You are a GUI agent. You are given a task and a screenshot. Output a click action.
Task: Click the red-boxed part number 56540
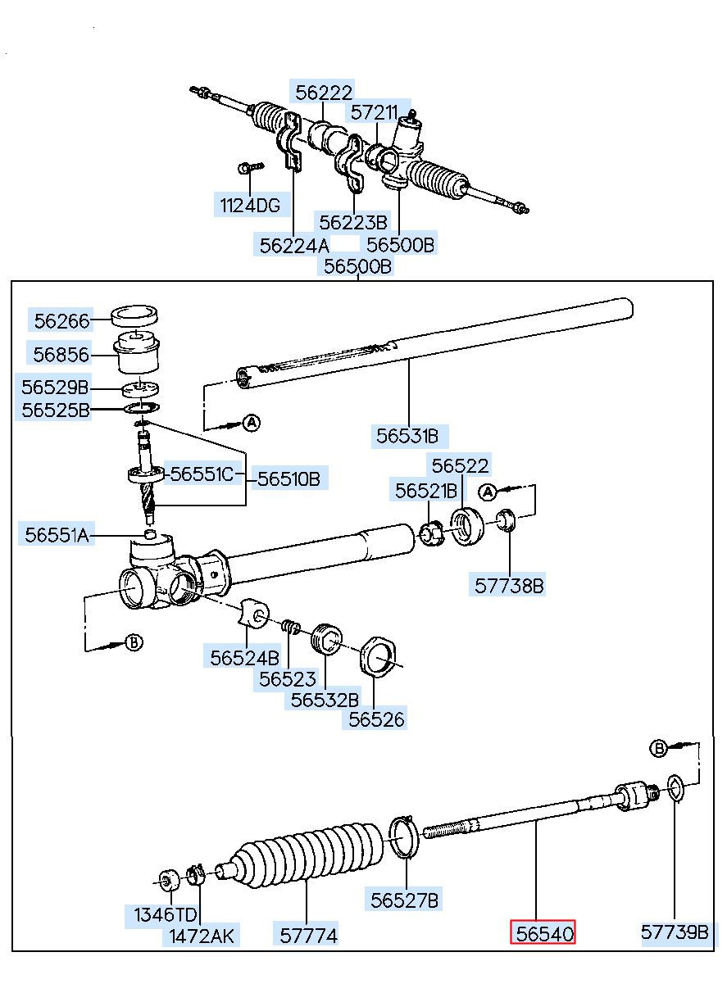(x=544, y=934)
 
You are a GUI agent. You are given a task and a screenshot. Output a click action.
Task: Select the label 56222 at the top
(x=324, y=93)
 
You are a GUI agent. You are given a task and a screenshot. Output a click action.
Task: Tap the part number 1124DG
(x=250, y=206)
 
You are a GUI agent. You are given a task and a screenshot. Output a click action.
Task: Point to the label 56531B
(x=407, y=436)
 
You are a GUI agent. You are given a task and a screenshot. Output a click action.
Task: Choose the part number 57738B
(x=509, y=586)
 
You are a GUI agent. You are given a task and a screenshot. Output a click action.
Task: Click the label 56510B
(x=289, y=478)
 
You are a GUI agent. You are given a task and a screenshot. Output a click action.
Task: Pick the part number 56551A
(x=57, y=535)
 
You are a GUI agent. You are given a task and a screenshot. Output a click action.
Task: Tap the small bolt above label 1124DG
(x=251, y=168)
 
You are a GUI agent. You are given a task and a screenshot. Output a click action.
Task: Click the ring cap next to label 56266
(x=134, y=315)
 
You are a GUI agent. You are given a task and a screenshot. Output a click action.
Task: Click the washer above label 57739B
(x=675, y=788)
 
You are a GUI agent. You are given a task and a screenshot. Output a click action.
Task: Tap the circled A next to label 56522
(x=488, y=492)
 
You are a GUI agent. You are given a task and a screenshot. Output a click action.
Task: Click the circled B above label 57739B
(x=658, y=749)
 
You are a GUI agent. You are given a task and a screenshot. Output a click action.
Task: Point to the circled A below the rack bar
(x=252, y=423)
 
